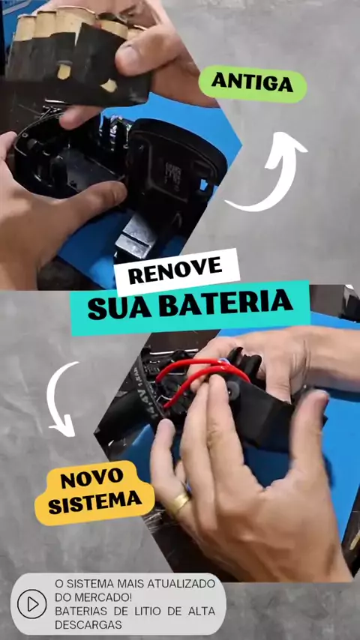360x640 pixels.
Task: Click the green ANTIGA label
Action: point(253,84)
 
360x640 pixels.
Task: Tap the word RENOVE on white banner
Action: point(175,271)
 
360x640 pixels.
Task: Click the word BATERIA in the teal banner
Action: point(226,304)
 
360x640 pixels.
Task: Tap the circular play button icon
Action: point(31,604)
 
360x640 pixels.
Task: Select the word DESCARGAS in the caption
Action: point(88,625)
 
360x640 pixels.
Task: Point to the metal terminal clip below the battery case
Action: point(136,238)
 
